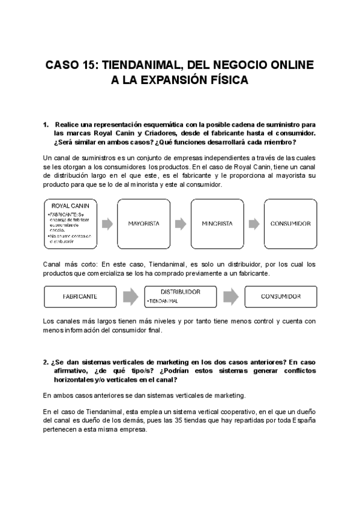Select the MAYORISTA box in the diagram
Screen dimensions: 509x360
143,224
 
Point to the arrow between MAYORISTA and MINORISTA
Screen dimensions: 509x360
180,224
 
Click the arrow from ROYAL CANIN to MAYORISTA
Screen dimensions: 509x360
108,224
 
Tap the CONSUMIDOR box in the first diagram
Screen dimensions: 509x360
290,224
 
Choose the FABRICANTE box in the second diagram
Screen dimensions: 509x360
80,297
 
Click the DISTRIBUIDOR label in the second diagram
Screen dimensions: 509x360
180,291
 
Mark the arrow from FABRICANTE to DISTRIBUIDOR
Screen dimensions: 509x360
130,297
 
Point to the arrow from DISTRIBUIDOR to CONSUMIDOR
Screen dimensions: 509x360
231,297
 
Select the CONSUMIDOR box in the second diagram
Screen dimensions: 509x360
281,297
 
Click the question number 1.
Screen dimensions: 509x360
46,125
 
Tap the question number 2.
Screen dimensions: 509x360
46,362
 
